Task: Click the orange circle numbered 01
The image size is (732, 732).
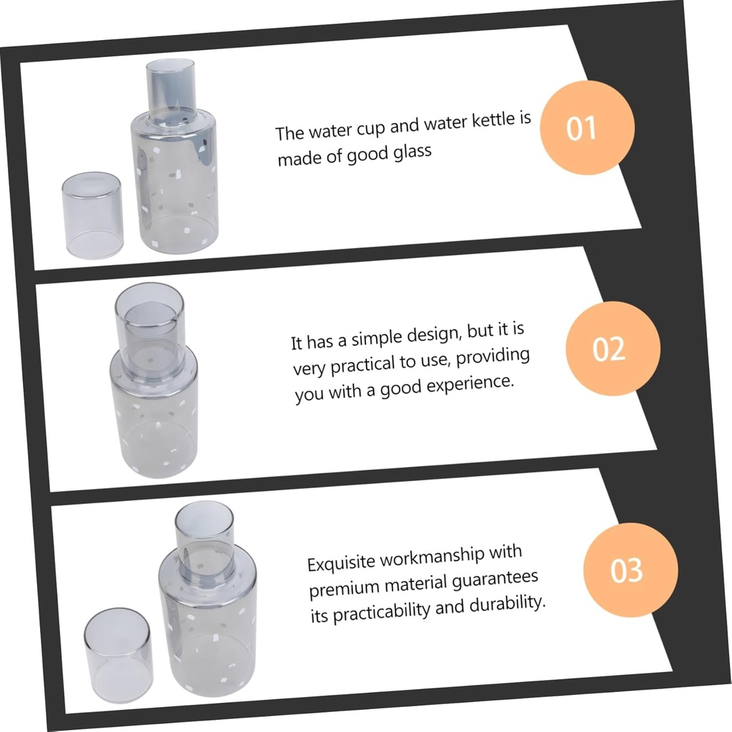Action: (587, 127)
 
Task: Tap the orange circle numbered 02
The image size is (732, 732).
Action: (613, 348)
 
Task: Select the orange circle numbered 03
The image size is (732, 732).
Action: (630, 570)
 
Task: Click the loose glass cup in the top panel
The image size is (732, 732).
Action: (92, 214)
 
